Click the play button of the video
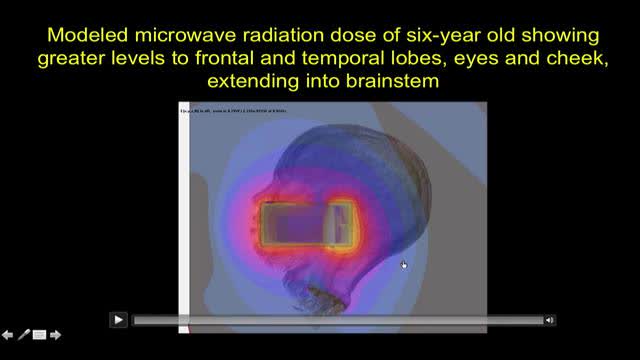point(118,319)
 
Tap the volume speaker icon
point(550,320)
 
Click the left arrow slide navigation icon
point(8,335)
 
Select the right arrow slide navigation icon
point(56,335)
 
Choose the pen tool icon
point(24,335)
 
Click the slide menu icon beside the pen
point(40,335)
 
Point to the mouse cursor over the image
point(404,265)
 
